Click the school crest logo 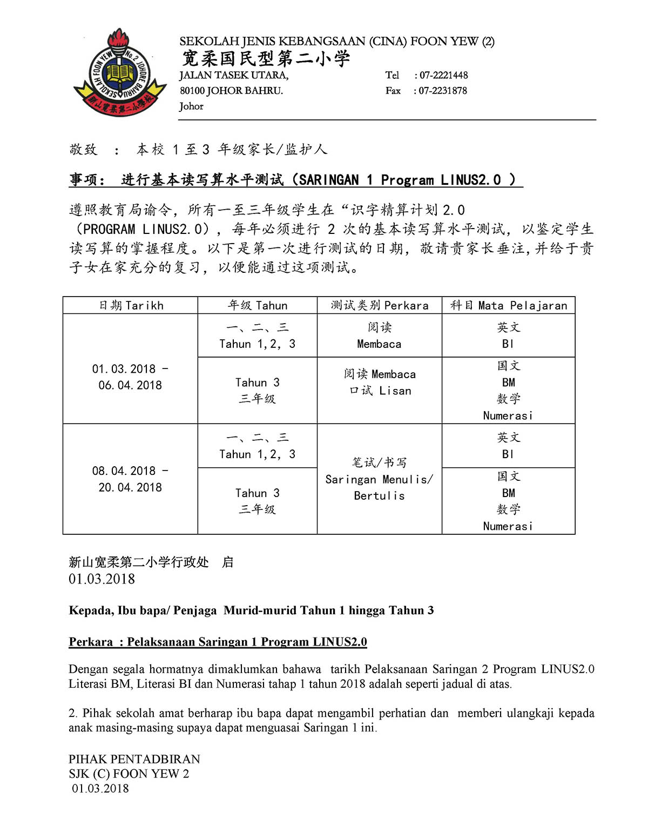[x=120, y=73]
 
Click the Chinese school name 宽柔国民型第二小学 [x=266, y=58]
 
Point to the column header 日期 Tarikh [x=131, y=305]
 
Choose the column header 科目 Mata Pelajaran [x=509, y=305]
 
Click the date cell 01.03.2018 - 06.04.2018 [x=130, y=377]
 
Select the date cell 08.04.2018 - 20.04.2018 [x=130, y=479]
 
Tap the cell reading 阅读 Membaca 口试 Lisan [x=380, y=382]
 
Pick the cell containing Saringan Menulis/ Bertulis [x=379, y=479]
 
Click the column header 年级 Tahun [x=257, y=305]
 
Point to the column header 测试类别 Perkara [x=379, y=305]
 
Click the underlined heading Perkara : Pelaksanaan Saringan [x=218, y=642]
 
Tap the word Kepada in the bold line [x=90, y=610]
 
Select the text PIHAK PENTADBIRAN [x=134, y=759]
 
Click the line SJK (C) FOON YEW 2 [x=129, y=774]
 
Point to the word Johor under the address [x=191, y=106]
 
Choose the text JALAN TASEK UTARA [x=234, y=75]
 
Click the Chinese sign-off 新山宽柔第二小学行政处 [x=138, y=562]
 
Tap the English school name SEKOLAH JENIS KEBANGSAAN [x=272, y=42]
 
